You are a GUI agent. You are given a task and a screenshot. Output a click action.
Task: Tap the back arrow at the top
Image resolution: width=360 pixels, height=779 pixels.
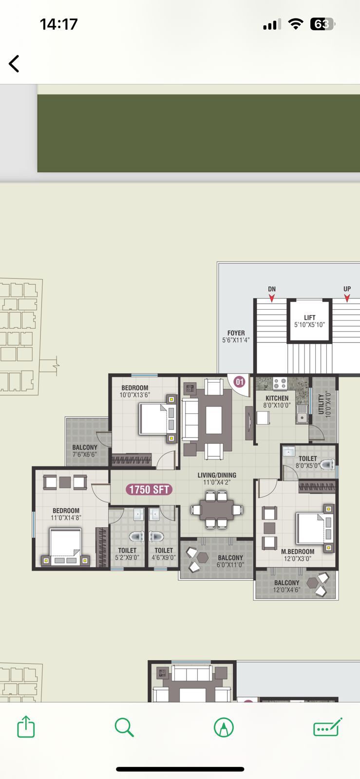[x=14, y=64]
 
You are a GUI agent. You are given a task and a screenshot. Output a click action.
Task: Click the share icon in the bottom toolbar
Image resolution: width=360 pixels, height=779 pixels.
[x=26, y=726]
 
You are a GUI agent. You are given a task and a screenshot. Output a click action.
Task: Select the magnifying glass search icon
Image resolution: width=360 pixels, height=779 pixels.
[x=124, y=727]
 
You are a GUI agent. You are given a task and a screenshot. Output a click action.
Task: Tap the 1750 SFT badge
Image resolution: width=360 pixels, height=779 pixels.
[x=149, y=489]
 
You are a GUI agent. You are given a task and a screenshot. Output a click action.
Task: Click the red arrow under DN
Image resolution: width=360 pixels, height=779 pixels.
[x=272, y=298]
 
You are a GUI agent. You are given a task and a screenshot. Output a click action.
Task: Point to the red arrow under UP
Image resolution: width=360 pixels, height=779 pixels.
[x=347, y=298]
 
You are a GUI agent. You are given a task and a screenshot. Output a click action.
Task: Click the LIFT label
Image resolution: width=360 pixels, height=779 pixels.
[x=309, y=317]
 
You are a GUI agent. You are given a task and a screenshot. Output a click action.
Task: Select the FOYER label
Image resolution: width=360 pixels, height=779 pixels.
[x=236, y=333]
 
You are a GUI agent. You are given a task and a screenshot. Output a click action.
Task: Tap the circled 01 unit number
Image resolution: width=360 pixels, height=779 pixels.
[x=240, y=382]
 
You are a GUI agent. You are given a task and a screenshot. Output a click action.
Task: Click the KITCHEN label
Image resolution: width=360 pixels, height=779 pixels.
[x=277, y=398]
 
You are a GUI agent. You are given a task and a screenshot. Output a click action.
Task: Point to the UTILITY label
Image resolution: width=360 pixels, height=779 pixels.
[x=321, y=404]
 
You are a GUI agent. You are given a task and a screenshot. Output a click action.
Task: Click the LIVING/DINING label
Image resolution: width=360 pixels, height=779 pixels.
[x=217, y=475]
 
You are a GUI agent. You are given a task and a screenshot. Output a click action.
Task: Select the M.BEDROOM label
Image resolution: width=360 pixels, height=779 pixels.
[x=298, y=552]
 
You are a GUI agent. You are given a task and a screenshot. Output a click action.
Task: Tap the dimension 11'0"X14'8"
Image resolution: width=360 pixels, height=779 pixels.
[x=66, y=518]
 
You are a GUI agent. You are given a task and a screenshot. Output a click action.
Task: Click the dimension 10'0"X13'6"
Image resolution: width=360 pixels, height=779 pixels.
[x=134, y=395]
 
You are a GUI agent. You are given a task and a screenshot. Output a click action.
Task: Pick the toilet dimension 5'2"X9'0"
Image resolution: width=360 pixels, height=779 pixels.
[x=127, y=557]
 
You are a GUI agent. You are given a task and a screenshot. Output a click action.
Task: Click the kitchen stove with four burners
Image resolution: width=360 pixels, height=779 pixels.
[x=280, y=383]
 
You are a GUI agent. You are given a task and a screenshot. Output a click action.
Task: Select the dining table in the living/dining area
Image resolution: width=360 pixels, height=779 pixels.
[x=216, y=510]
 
